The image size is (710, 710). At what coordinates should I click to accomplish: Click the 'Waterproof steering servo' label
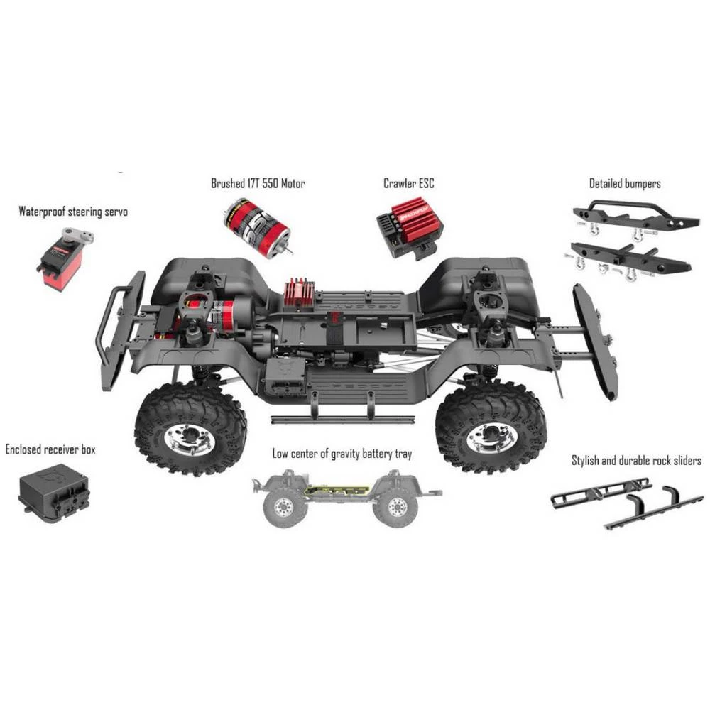[x=73, y=212]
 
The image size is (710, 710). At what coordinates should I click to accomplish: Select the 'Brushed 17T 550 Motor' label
[x=258, y=184]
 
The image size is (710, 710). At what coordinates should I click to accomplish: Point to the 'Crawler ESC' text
[x=408, y=184]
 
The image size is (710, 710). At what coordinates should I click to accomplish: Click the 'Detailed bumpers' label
[x=625, y=184]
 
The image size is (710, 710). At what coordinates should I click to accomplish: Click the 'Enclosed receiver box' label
[x=50, y=449]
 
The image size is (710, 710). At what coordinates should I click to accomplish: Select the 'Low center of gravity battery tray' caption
[x=342, y=454]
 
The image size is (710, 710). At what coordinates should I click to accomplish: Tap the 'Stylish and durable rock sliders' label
[x=636, y=461]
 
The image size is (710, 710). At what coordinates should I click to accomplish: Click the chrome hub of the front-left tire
[x=190, y=437]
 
